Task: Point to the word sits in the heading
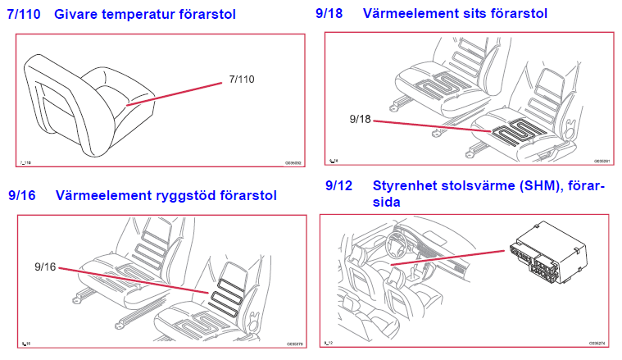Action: pos(474,13)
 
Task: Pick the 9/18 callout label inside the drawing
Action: pos(360,119)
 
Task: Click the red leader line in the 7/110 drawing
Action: pos(180,91)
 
